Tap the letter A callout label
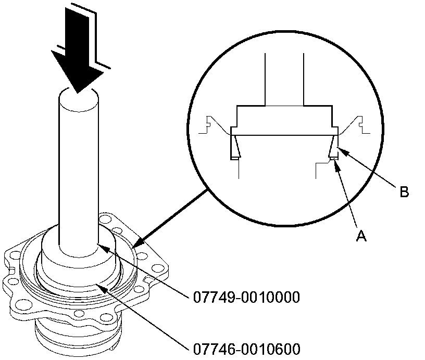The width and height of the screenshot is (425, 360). click(x=361, y=236)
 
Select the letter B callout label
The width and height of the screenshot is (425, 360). click(x=404, y=192)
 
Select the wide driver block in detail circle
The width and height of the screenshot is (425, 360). click(x=284, y=120)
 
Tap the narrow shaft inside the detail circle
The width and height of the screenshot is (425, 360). click(x=285, y=78)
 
